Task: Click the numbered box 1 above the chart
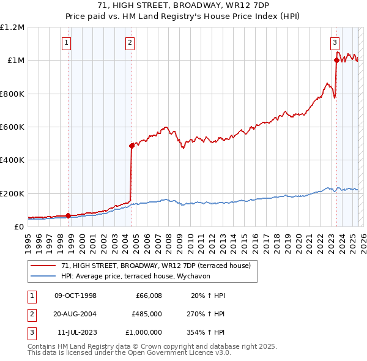pos(66,43)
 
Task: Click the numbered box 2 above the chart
pos(130,43)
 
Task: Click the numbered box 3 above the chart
pos(335,43)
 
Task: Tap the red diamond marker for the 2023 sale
pos(336,60)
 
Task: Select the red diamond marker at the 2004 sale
pos(132,146)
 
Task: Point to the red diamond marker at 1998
pos(68,215)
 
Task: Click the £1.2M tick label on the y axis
pos(12,28)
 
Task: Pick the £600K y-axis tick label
pos(12,127)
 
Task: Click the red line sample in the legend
pos(43,266)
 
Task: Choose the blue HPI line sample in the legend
pos(43,276)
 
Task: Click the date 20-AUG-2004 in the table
pos(76,314)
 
